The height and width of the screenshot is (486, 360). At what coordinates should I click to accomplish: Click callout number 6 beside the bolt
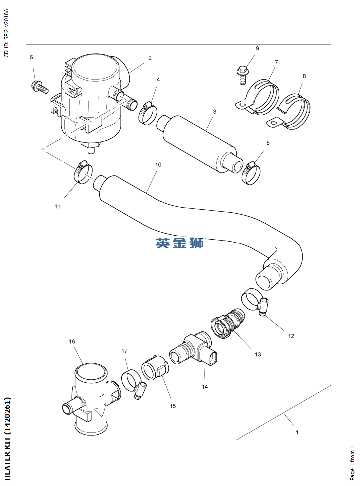pyautogui.click(x=31, y=57)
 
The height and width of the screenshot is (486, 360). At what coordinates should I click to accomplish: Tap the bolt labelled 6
pyautogui.click(x=39, y=87)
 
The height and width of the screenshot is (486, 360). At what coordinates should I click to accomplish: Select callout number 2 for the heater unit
pyautogui.click(x=150, y=58)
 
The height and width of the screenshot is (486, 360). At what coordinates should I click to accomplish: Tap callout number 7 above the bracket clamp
pyautogui.click(x=276, y=62)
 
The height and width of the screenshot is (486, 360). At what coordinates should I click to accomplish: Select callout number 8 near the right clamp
pyautogui.click(x=304, y=76)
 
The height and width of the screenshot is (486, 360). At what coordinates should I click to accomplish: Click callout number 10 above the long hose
pyautogui.click(x=158, y=164)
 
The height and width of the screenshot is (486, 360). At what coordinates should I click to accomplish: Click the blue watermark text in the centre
pyautogui.click(x=179, y=243)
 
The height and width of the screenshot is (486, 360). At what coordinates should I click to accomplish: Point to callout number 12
pyautogui.click(x=291, y=336)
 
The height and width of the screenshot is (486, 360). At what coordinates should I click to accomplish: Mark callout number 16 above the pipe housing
pyautogui.click(x=72, y=342)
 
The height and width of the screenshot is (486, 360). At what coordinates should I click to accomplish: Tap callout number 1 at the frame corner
pyautogui.click(x=297, y=432)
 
